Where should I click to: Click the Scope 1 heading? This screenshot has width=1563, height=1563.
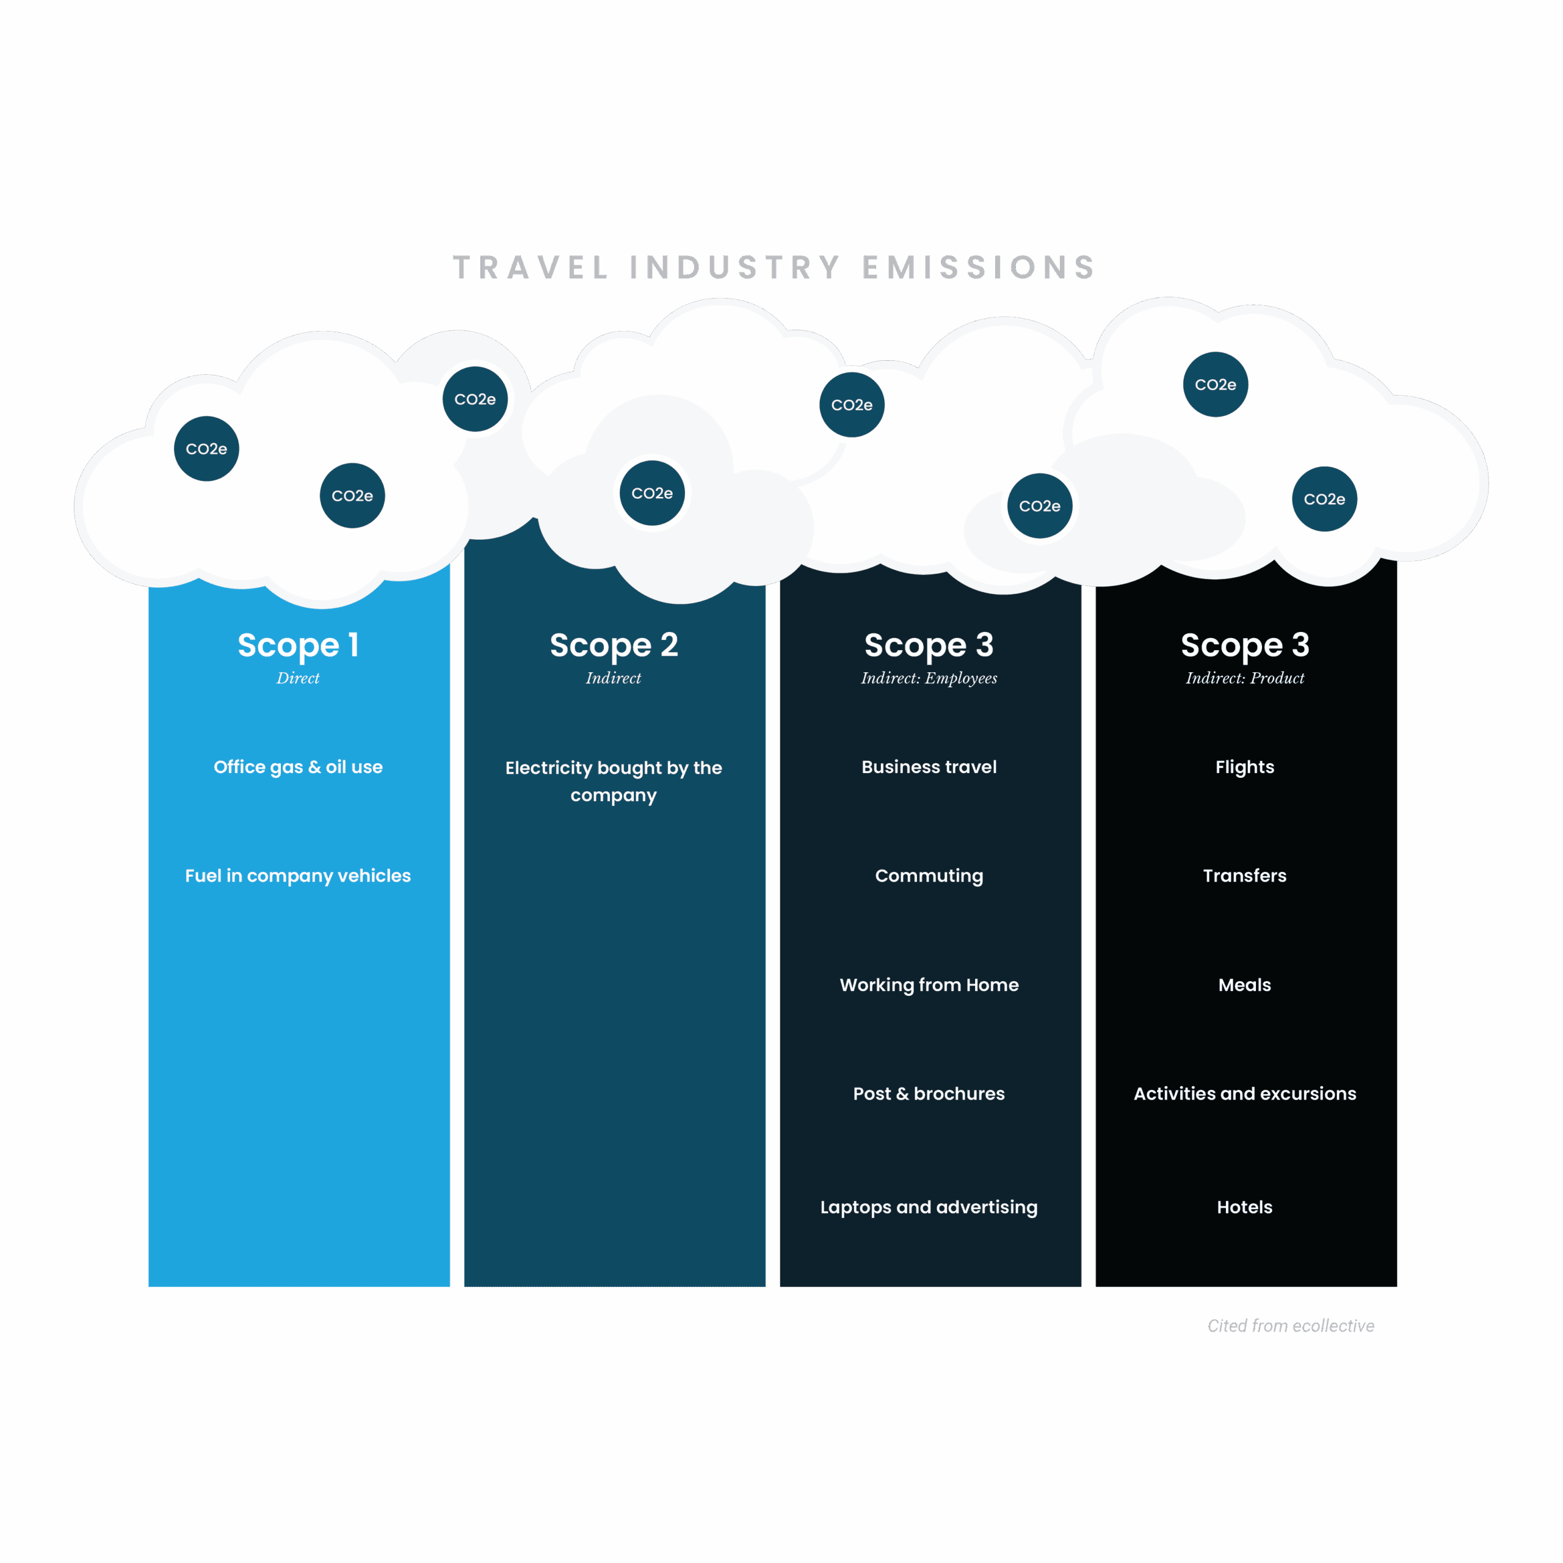(x=298, y=645)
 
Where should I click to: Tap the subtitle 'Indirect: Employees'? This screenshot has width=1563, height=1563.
(x=929, y=678)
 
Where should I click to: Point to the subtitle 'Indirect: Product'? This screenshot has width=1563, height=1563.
(x=1245, y=678)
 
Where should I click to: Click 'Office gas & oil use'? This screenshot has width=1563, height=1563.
(x=298, y=767)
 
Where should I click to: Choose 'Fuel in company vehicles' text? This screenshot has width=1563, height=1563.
(x=298, y=876)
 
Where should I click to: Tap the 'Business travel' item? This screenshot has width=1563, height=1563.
(x=929, y=767)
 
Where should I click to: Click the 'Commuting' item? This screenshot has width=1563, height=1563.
(x=929, y=876)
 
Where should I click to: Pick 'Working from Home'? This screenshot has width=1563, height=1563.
(x=929, y=985)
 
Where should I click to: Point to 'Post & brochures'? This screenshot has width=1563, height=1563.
(x=929, y=1093)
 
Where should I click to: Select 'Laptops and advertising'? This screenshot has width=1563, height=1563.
(x=929, y=1207)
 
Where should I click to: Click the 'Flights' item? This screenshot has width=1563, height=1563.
(x=1244, y=767)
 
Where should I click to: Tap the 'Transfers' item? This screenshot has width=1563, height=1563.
(x=1244, y=876)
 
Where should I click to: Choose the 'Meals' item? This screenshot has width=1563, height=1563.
(x=1244, y=985)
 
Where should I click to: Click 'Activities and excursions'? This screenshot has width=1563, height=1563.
(x=1244, y=1093)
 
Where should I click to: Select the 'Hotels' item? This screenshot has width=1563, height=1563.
(x=1244, y=1207)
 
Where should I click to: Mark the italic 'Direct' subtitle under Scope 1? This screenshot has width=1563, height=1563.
(x=298, y=678)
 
